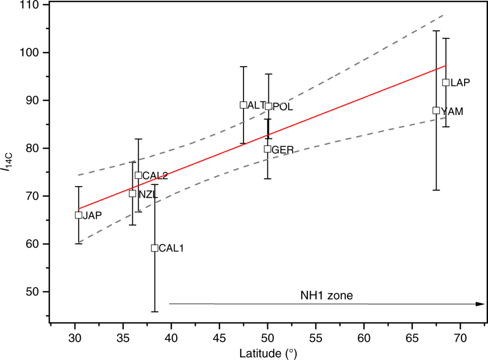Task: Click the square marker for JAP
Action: click(x=79, y=215)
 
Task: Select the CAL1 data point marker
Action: click(x=155, y=248)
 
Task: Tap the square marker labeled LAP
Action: click(x=446, y=82)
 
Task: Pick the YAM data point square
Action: click(x=436, y=111)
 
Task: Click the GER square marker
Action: click(x=267, y=149)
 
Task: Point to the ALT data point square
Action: click(x=243, y=105)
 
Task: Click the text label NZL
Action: click(x=145, y=194)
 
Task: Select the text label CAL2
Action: click(x=155, y=176)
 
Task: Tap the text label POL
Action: click(x=282, y=107)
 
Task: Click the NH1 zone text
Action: click(x=326, y=295)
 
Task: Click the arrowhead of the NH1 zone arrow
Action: click(x=480, y=304)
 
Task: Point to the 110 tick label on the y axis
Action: click(x=29, y=5)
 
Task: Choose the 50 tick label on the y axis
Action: click(x=31, y=292)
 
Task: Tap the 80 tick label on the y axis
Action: click(x=31, y=148)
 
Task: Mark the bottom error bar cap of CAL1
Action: click(x=155, y=312)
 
